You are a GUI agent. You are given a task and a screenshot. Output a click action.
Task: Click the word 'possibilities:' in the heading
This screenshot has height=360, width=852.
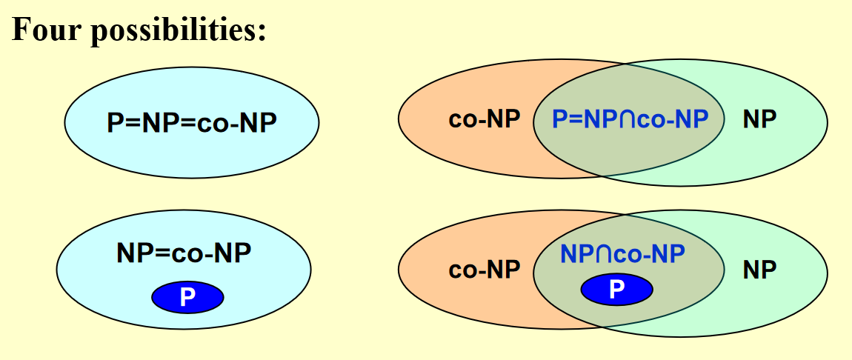[x=178, y=30]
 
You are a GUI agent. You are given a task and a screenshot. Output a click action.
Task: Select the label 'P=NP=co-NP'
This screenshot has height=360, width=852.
[x=191, y=122]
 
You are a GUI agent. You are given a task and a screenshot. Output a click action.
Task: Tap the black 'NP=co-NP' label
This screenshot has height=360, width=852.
[x=184, y=253]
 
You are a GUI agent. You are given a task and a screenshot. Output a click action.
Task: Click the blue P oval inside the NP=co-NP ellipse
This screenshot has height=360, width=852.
[x=187, y=298]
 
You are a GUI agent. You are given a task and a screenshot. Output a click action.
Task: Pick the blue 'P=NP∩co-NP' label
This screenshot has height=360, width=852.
[x=630, y=119]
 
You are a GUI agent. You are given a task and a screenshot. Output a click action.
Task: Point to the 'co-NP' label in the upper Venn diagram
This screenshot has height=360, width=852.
[x=485, y=119]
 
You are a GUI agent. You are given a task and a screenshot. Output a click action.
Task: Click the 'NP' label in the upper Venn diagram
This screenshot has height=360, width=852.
[x=759, y=119]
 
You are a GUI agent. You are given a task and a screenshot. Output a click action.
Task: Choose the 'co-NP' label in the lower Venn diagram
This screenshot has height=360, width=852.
[x=485, y=270]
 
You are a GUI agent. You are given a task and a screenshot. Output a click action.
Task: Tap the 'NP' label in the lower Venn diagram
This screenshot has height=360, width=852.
[x=759, y=270]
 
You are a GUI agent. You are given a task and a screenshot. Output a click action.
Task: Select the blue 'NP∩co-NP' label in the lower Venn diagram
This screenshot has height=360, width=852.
[x=623, y=253]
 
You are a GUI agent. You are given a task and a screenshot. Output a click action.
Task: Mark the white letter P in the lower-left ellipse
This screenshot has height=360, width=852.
[x=187, y=298]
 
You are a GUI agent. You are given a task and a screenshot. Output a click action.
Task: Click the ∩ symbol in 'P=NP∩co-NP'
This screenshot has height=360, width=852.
[x=627, y=119]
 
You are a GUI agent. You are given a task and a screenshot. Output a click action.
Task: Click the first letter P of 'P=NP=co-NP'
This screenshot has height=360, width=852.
[x=113, y=122]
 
